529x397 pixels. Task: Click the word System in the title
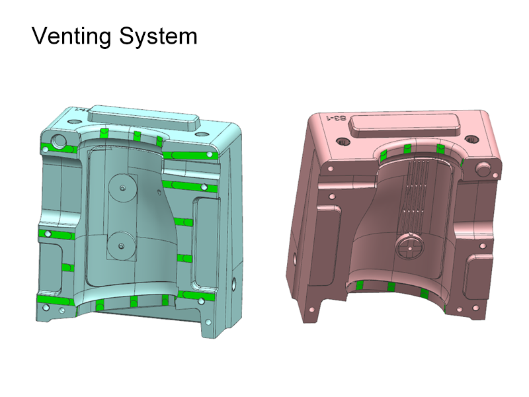click(158, 36)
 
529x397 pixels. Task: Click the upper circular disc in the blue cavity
click(122, 188)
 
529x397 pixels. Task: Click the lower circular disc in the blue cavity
click(121, 245)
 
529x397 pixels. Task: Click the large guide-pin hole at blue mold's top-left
click(58, 141)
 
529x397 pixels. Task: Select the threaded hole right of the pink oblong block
click(471, 140)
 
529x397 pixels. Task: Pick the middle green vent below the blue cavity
click(134, 302)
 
